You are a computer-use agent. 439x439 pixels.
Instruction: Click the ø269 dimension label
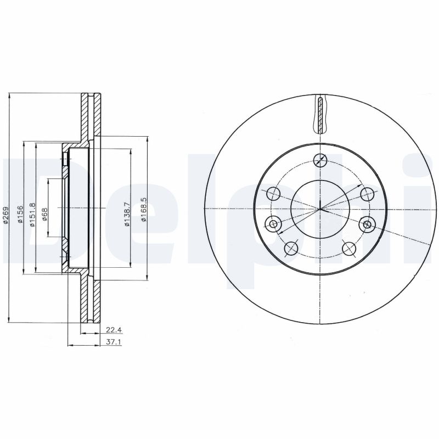pyautogui.click(x=6, y=215)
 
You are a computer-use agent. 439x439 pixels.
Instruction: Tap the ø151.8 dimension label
pyautogui.click(x=32, y=215)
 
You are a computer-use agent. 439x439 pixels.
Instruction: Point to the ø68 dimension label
pyautogui.click(x=46, y=215)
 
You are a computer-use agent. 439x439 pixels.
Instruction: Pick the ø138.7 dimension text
pyautogui.click(x=127, y=214)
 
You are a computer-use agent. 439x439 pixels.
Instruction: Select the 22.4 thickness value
pyautogui.click(x=114, y=330)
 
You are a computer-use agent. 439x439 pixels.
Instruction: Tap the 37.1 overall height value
pyautogui.click(x=114, y=342)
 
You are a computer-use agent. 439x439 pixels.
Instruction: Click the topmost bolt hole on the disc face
pyautogui.click(x=320, y=160)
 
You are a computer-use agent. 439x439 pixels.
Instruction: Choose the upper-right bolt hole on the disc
pyautogui.click(x=367, y=194)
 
